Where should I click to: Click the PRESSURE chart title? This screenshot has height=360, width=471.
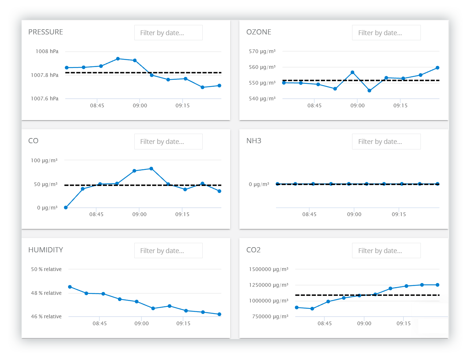(45, 32)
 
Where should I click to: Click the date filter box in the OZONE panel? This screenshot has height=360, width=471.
(386, 33)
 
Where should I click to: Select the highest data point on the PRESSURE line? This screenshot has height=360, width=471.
(118, 59)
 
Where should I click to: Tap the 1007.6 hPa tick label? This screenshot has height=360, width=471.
(44, 99)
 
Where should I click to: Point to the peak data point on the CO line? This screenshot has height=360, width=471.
(151, 169)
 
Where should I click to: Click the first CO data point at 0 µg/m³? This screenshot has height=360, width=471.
(66, 208)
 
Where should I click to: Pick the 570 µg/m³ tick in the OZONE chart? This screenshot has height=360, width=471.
(262, 51)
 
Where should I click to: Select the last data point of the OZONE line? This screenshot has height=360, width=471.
(438, 68)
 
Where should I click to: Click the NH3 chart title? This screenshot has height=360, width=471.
(254, 141)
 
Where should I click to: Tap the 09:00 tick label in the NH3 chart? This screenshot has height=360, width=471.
(354, 214)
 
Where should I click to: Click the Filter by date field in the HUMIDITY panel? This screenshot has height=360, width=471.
(168, 250)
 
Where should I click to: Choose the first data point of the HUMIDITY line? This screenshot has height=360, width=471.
(70, 287)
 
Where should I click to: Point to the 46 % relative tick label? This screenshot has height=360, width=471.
(46, 316)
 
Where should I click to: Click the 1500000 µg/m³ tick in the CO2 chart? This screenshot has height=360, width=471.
(269, 269)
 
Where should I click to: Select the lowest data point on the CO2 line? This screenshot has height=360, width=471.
(312, 309)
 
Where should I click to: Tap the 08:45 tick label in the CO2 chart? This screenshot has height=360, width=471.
(325, 323)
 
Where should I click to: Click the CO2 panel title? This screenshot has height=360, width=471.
(253, 250)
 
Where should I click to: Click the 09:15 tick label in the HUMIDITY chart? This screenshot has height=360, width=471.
(183, 323)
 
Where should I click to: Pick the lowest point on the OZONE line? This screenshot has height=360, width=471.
(369, 90)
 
